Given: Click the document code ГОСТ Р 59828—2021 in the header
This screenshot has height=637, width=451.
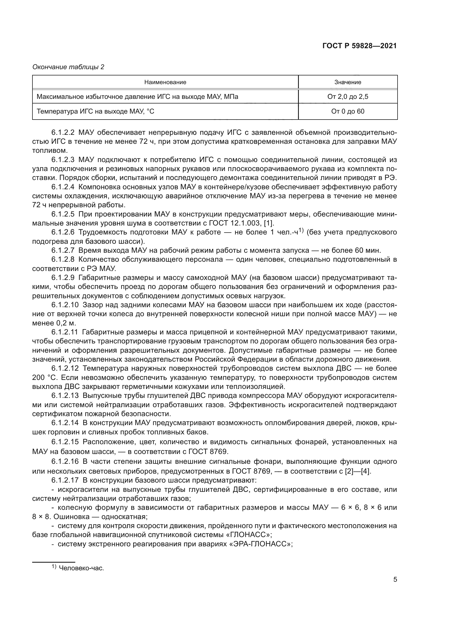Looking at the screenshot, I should coord(359,46).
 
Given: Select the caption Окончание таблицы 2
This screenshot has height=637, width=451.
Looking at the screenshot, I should coord(68,67).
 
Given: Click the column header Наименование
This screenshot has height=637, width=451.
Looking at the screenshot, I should coord(165,82).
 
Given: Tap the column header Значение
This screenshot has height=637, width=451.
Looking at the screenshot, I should coord(348,82).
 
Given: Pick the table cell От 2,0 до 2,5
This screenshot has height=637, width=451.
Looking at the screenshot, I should coord(348,97).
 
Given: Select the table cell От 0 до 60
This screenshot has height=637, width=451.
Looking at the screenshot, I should coord(348,112).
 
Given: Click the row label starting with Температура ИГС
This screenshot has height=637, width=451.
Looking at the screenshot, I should coord(95,112).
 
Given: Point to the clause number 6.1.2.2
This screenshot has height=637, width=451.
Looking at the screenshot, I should coord(63,133).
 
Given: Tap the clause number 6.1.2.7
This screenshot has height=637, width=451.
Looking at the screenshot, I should coord(63,251).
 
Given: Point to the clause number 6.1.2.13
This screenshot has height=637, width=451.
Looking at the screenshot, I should coord(65,396).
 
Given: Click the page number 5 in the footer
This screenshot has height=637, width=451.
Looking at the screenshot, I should coord(395,587).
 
